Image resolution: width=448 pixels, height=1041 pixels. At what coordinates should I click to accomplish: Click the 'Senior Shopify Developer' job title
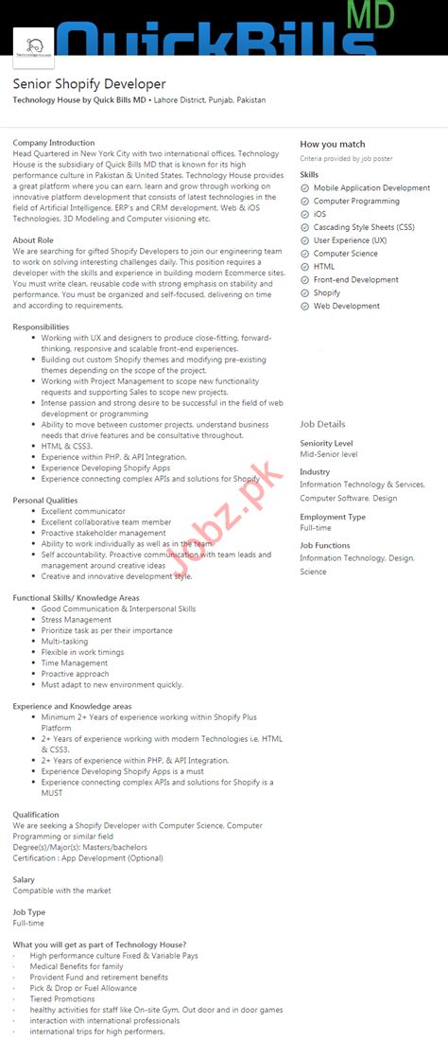tap(89, 84)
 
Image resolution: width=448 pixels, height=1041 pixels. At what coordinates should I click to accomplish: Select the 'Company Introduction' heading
tap(54, 143)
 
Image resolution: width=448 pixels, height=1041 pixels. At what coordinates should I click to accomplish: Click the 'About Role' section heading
tap(33, 240)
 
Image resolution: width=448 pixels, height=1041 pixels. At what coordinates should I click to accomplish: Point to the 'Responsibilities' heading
tap(41, 326)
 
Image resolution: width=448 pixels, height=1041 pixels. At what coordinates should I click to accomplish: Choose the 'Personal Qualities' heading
tap(45, 500)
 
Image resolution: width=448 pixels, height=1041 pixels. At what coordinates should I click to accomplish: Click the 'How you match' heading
tap(333, 144)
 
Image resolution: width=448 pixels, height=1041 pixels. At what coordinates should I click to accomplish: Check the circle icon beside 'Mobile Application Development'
tap(305, 188)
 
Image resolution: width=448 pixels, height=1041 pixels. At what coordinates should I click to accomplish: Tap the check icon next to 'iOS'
tap(305, 215)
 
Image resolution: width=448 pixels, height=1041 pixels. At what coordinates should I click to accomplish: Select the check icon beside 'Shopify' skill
tap(305, 293)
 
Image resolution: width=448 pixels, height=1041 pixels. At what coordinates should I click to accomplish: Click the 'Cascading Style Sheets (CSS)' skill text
tap(364, 227)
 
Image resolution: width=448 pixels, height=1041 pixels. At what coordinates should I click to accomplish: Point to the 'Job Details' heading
tap(323, 425)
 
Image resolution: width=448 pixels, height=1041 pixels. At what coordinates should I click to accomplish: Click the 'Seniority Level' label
tap(327, 443)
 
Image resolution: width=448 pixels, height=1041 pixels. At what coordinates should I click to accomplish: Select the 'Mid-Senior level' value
tap(329, 454)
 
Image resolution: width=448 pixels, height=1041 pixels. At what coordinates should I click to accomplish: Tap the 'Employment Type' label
tap(333, 517)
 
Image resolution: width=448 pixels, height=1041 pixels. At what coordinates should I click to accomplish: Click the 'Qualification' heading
tap(36, 814)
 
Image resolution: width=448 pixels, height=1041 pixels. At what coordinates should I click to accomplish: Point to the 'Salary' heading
tap(24, 879)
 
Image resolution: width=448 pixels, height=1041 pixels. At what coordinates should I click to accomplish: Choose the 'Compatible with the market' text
tap(61, 891)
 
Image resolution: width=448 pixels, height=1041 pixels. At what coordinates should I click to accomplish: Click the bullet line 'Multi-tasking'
tap(64, 642)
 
